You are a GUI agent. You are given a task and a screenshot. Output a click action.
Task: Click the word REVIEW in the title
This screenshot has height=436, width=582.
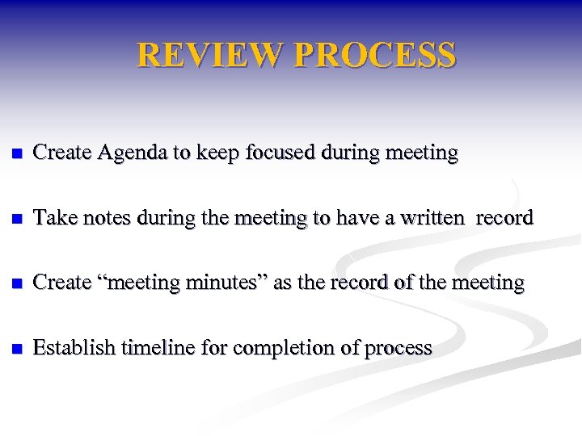(210, 55)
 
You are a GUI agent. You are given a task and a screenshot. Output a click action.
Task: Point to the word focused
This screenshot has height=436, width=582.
(279, 152)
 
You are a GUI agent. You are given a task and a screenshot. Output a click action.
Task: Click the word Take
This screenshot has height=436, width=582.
(52, 217)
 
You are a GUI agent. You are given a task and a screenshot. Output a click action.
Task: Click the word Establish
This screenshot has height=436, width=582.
(74, 348)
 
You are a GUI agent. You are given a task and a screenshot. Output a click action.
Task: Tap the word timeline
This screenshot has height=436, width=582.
(156, 348)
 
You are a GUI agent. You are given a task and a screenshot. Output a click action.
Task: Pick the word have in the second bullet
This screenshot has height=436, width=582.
(356, 217)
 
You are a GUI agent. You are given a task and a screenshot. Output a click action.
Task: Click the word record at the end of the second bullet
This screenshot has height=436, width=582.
(504, 217)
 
